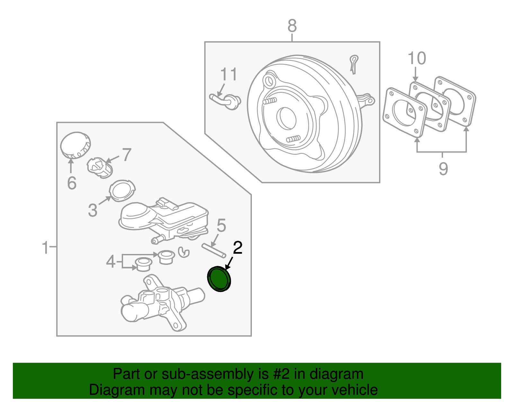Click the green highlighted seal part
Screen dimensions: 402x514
coord(219,279)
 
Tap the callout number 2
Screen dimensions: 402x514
coord(237,248)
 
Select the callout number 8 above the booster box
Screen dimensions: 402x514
coord(292,26)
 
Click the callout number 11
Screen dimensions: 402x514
coord(228,74)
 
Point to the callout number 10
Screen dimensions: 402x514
coord(416,59)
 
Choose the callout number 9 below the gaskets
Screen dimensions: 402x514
coord(443,169)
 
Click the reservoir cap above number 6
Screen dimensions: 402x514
coord(75,145)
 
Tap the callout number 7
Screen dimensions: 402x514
coord(127,155)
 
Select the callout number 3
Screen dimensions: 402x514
coord(93,210)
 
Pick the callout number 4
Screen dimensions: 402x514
coord(111,261)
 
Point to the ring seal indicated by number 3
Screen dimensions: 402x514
coord(122,191)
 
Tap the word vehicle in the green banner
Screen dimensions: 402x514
coord(354,390)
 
